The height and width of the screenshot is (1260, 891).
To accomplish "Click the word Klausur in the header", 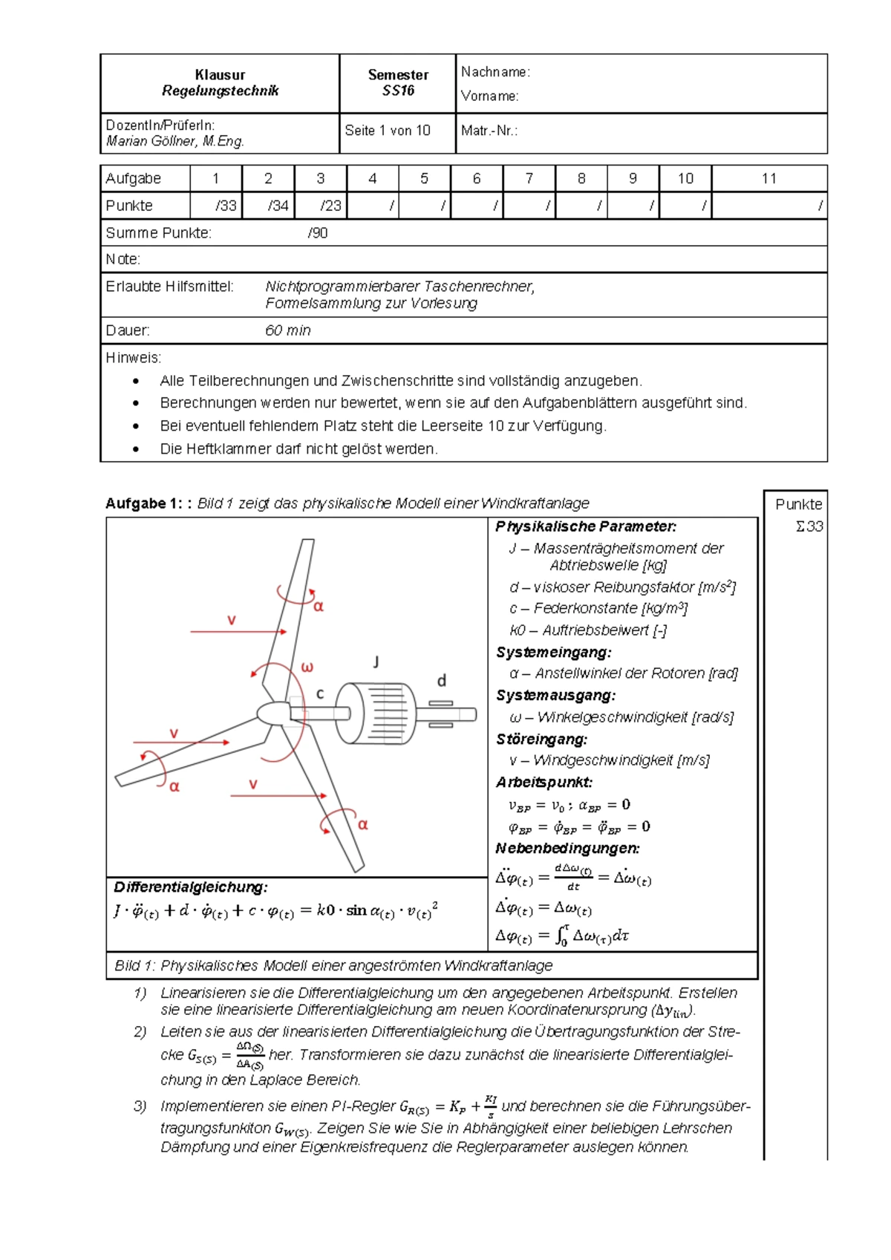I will (220, 75).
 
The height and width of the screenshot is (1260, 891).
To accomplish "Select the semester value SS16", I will (398, 91).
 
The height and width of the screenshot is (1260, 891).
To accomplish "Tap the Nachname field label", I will (495, 72).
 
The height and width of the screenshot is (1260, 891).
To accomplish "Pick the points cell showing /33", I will (226, 206).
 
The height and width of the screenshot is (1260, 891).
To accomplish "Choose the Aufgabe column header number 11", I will (768, 178).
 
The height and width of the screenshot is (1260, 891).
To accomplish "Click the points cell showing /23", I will (330, 206).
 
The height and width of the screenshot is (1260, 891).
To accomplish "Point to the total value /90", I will (318, 233).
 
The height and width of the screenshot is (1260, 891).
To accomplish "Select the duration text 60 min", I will (288, 330).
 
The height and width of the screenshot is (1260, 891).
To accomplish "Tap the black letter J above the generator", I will (376, 662).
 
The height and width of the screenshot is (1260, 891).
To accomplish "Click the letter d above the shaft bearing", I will (441, 681).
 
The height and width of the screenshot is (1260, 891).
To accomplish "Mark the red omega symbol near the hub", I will (307, 667).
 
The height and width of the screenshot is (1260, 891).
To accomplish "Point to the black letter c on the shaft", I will (320, 693).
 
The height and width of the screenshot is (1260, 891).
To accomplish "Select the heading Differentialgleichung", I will (191, 887).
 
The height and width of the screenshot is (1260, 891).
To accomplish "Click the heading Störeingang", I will (542, 740).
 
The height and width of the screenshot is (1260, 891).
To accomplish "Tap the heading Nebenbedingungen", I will (567, 848).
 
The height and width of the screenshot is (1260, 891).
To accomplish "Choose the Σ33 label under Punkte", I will (809, 526).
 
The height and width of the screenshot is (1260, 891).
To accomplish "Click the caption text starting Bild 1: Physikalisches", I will (333, 965).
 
